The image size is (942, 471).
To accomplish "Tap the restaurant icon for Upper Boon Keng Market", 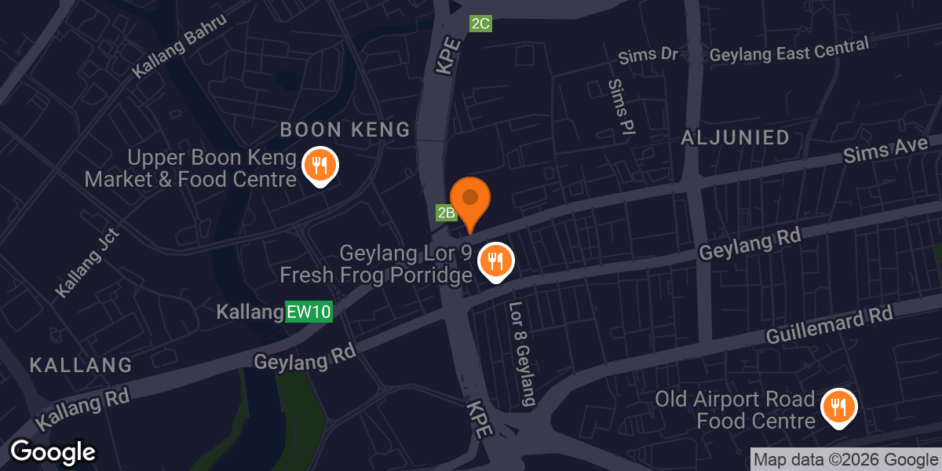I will tap(319, 166).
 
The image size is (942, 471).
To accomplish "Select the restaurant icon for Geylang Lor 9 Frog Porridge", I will tap(495, 261).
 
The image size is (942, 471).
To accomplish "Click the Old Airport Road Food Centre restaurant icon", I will tap(838, 407).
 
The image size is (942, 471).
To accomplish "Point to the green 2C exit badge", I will tap(480, 24).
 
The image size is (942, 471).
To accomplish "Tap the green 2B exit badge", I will tap(446, 213).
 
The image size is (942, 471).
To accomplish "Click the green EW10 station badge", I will tap(309, 312).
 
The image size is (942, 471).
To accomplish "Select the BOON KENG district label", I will tap(345, 130).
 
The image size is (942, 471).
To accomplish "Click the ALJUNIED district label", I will tap(736, 138).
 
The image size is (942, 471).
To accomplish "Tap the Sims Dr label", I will tap(648, 56).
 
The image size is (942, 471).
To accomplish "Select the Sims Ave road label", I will tap(885, 149).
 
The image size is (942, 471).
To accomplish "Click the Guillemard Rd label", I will tap(830, 326).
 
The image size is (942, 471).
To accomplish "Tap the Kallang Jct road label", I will tap(87, 263).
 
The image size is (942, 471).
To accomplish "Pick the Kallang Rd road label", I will tap(82, 406).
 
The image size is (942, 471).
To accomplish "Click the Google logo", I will tap(53, 452).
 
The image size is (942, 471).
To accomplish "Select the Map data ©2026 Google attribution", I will tap(845, 460).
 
